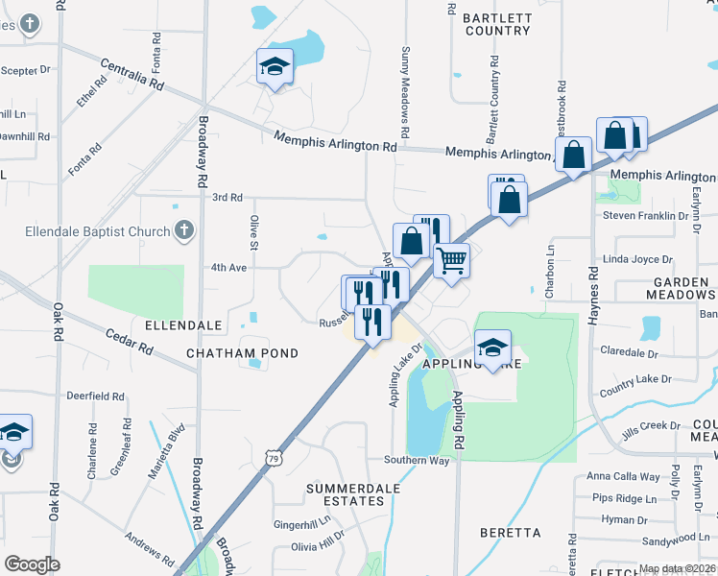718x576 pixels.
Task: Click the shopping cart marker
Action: point(451,259)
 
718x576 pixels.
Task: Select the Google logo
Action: point(32,564)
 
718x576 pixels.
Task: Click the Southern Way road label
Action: point(417,461)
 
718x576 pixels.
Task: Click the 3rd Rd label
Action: point(227,197)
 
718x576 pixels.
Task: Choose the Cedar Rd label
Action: point(130,341)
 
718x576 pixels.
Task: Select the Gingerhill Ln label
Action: point(301,524)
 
